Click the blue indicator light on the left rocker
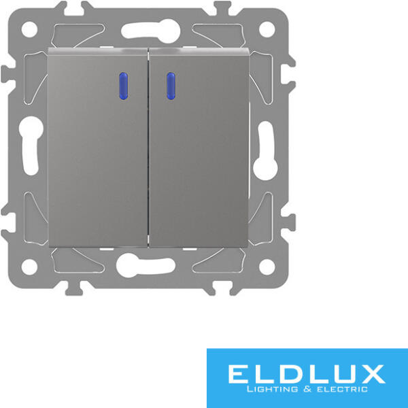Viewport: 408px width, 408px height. pyautogui.click(x=123, y=86)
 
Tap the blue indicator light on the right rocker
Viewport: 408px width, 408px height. pyautogui.click(x=171, y=86)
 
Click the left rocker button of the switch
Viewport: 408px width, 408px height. pyautogui.click(x=98, y=148)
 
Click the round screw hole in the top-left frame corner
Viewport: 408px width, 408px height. pyautogui.click(x=29, y=29)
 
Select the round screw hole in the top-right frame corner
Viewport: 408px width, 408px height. pyautogui.click(x=267, y=29)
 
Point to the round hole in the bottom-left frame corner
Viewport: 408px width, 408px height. pyautogui.click(x=29, y=267)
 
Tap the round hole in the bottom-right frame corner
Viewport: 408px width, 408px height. pyautogui.click(x=267, y=267)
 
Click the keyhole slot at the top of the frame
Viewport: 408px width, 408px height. pyautogui.click(x=151, y=31)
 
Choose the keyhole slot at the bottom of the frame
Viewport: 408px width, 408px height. pyautogui.click(x=146, y=265)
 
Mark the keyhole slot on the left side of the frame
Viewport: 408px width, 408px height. pyautogui.click(x=31, y=146)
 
